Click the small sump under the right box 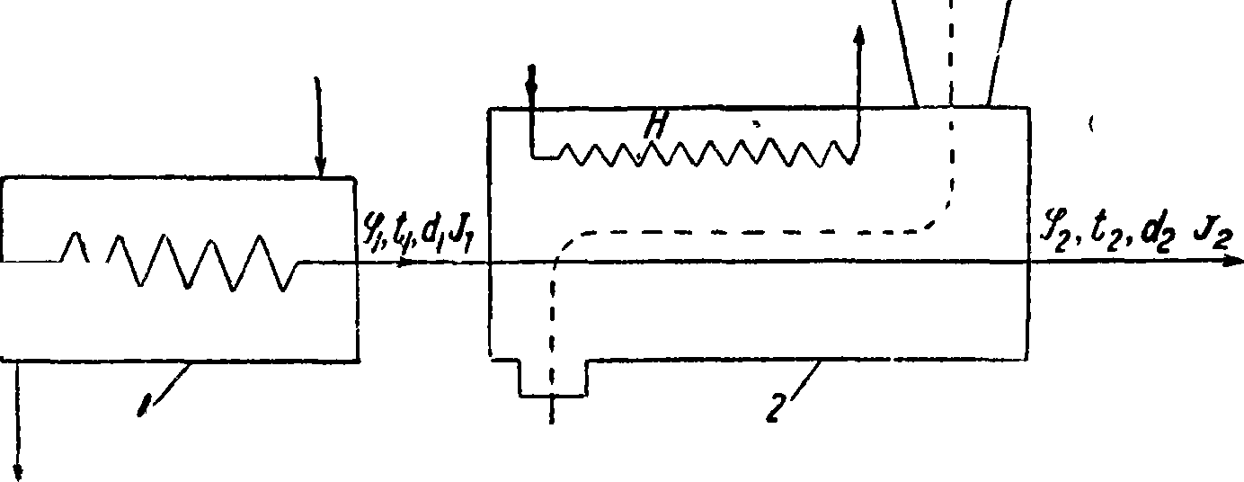pos(553,378)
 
